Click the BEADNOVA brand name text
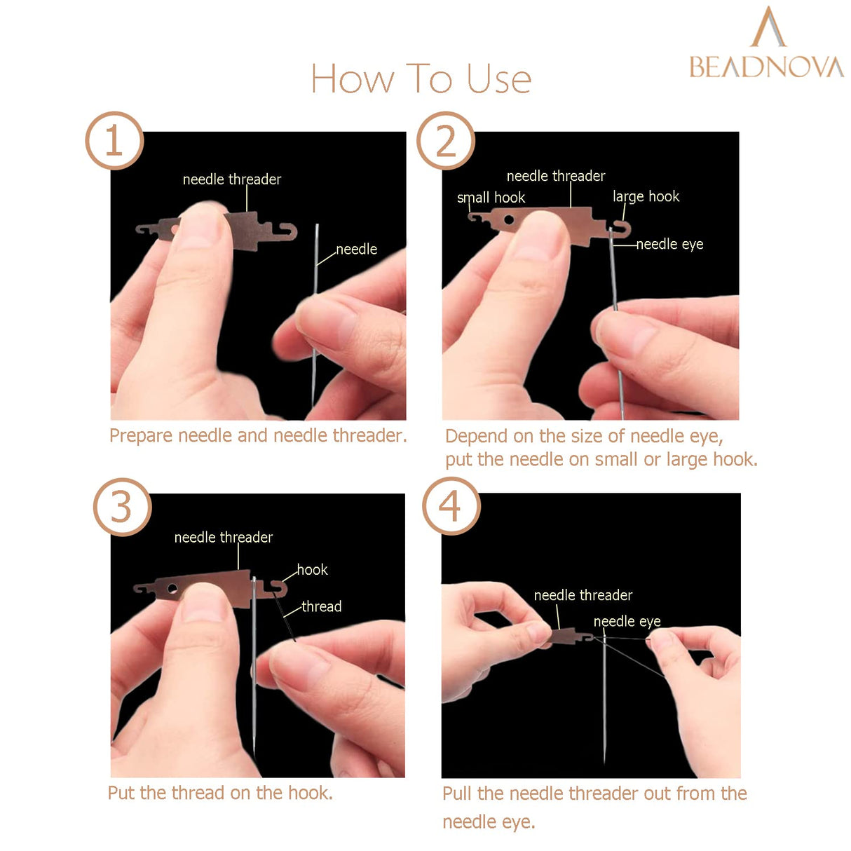(766, 67)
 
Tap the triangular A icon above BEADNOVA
(768, 28)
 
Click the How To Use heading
(421, 79)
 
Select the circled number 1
(114, 141)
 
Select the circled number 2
(446, 141)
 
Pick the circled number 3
(122, 507)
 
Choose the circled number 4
(451, 506)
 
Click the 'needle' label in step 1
(356, 250)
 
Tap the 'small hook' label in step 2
(491, 198)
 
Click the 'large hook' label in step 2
(646, 196)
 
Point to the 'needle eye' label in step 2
(669, 244)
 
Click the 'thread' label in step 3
(322, 606)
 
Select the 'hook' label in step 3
(313, 570)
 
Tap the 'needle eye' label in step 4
(627, 622)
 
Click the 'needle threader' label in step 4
(583, 595)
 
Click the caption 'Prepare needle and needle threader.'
(258, 435)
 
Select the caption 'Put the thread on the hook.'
(220, 793)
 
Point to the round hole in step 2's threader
(509, 220)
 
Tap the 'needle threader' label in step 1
(231, 179)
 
